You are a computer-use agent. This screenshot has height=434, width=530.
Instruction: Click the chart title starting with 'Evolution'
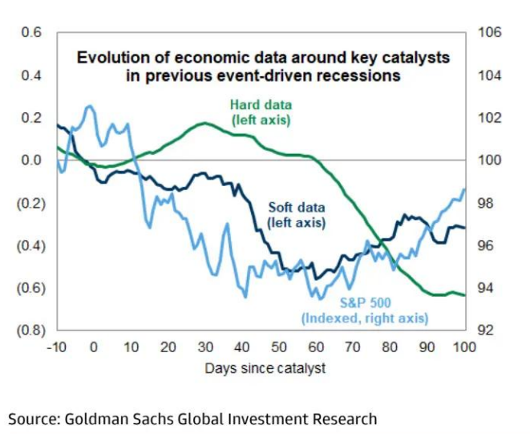262,67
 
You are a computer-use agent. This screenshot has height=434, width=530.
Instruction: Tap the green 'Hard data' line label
261,112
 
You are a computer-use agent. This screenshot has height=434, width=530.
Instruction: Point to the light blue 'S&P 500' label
365,311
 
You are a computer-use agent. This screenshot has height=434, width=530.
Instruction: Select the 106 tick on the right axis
489,33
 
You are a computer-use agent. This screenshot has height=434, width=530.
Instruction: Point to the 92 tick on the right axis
486,331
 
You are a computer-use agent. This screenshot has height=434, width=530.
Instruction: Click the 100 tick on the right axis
489,160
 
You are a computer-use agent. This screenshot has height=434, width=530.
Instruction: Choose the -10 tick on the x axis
56,347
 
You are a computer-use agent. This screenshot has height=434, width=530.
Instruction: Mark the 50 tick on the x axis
278,347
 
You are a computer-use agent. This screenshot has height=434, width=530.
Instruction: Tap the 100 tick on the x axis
464,347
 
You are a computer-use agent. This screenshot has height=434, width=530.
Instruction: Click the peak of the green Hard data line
205,123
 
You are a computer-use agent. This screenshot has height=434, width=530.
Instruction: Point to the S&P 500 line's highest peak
90,106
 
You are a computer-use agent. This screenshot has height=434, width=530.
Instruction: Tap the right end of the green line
465,295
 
